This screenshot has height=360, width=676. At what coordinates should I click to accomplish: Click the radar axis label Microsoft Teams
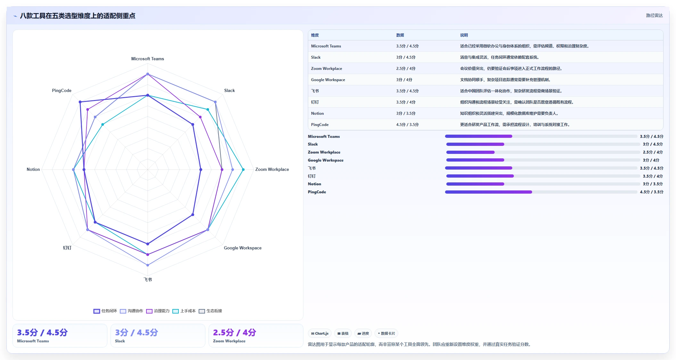point(147,59)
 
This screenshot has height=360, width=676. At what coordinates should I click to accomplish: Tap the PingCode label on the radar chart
point(62,90)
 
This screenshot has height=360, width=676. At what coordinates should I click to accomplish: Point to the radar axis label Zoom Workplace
point(272,169)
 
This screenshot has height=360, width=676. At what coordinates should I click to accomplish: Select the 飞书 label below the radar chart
point(148,280)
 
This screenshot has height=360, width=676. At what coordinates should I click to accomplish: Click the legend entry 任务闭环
point(105,311)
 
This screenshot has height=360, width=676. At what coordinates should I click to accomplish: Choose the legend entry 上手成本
point(184,311)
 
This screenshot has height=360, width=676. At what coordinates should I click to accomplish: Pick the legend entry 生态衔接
point(210,311)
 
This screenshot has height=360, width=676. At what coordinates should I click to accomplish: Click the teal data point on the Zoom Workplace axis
point(243,170)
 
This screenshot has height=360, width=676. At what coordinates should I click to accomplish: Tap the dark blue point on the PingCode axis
point(80,102)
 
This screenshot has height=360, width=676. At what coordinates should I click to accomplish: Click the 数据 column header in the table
point(400,35)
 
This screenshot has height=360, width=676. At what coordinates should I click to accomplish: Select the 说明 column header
point(464,35)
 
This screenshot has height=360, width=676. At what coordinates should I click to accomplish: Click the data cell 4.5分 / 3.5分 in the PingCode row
point(407,125)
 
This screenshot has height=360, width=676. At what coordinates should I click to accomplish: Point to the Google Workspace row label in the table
point(328,80)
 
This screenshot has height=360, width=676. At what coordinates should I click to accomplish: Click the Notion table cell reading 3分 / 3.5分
point(406,113)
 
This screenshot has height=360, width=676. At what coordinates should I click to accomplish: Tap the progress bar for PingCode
point(541,192)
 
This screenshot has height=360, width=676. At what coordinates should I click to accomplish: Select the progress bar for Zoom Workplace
point(543,152)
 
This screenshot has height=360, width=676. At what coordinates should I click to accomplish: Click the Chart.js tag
point(320,333)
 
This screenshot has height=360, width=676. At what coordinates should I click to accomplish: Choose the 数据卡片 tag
point(386,333)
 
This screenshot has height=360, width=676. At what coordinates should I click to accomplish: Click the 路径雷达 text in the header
point(654,15)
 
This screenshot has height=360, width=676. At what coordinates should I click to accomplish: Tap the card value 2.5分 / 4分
point(235,332)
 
